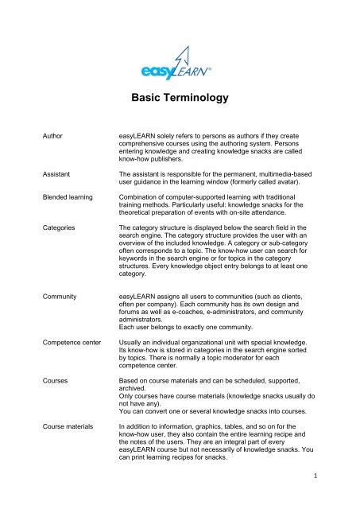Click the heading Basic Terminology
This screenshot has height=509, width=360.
click(180, 99)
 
